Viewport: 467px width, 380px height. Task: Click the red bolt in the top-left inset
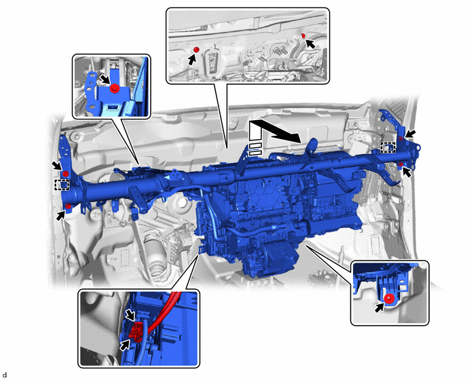tap(114, 88)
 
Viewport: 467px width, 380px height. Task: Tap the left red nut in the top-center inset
tap(196, 50)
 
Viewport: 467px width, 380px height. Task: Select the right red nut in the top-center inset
tap(303, 36)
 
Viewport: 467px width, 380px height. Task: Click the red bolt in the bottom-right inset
tap(388, 299)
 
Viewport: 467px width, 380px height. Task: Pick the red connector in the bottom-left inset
tap(136, 330)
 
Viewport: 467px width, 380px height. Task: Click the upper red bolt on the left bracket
tap(66, 174)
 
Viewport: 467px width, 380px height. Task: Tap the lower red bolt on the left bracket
tap(68, 206)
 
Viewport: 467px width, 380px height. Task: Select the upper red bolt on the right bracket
tap(401, 139)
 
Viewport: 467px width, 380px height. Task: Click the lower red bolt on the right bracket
tap(401, 164)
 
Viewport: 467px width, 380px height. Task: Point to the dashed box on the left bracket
tap(62, 185)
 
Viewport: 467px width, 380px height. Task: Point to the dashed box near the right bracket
tap(388, 147)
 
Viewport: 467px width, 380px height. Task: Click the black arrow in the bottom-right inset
tap(379, 307)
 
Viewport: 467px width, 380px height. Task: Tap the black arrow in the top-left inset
tap(105, 79)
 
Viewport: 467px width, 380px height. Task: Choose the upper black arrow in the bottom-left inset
tap(130, 314)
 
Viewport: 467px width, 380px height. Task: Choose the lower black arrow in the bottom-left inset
tap(126, 345)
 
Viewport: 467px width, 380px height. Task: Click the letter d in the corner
tap(5, 375)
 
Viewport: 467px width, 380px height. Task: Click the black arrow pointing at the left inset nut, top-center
tap(192, 60)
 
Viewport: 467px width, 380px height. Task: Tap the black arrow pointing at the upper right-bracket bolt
tap(411, 134)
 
